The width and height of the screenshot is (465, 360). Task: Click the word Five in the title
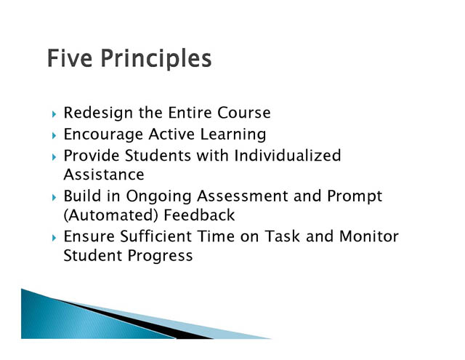(x=70, y=58)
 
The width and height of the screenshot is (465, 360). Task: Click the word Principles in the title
(x=156, y=60)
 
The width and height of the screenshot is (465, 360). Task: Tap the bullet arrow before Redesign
(x=54, y=114)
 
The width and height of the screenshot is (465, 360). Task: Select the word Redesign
(x=98, y=113)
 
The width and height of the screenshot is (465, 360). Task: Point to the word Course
(x=244, y=113)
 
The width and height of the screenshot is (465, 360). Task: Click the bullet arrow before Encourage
(x=54, y=136)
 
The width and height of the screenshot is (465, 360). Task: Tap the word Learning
(x=233, y=135)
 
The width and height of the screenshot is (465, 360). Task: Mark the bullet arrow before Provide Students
(x=54, y=157)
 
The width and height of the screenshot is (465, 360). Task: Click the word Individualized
(x=288, y=156)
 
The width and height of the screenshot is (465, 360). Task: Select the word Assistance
(x=104, y=175)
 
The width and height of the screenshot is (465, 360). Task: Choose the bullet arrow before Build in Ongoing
(x=54, y=198)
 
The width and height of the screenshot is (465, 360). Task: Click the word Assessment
(x=243, y=196)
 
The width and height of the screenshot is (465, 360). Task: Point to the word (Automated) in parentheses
(x=111, y=215)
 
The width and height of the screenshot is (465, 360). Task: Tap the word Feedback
(x=199, y=215)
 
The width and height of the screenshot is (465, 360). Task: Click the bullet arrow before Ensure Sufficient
(x=54, y=238)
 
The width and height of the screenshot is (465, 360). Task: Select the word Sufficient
(x=156, y=236)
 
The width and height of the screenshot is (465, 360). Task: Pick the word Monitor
(x=369, y=236)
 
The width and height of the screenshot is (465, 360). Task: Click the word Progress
(x=161, y=256)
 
